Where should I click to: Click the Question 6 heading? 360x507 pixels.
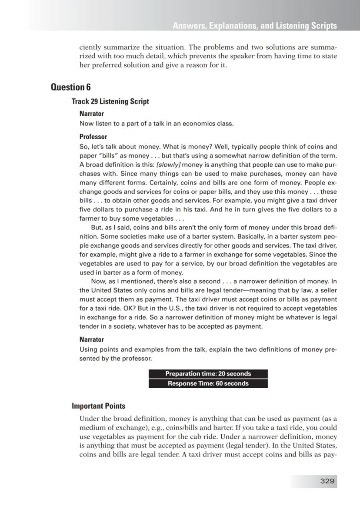point(71,87)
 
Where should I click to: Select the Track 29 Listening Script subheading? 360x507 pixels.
point(110,101)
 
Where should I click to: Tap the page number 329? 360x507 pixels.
point(327,481)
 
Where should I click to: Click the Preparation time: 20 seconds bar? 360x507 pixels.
point(208,374)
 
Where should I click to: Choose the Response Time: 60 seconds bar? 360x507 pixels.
point(208,383)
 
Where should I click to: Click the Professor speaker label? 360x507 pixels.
point(93,137)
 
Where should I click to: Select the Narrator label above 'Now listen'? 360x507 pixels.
point(91,114)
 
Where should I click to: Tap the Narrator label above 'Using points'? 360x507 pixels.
point(91,339)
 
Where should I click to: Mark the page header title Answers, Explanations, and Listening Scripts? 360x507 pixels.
point(254,26)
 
